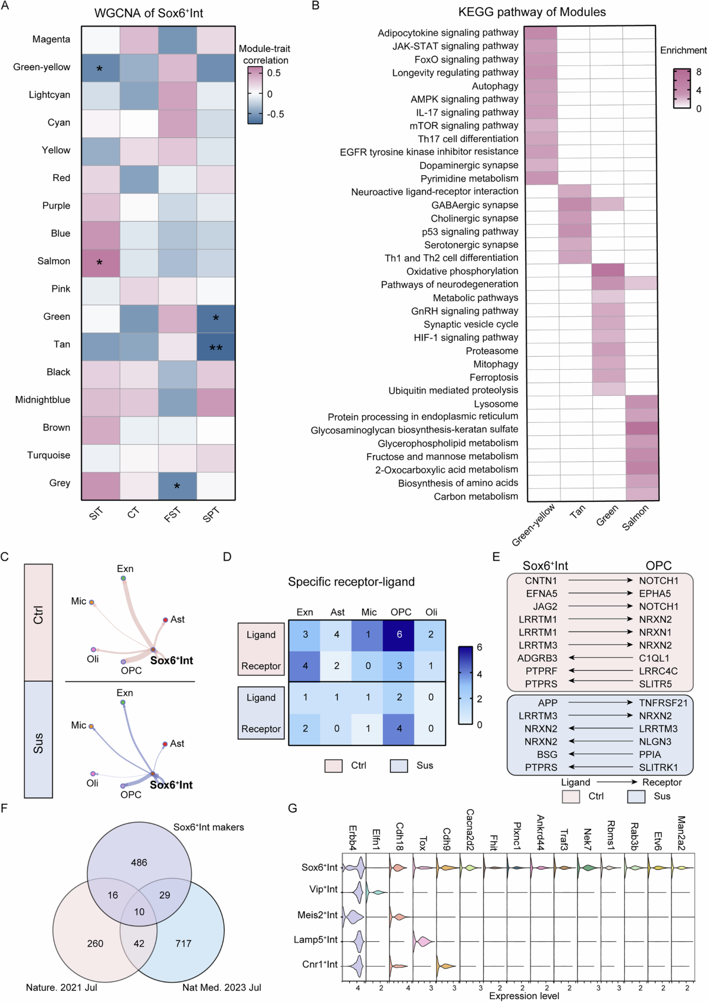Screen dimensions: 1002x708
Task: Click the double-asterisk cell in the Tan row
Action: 216,347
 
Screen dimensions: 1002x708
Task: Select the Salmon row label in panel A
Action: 54,261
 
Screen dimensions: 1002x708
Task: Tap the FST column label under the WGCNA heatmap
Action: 172,515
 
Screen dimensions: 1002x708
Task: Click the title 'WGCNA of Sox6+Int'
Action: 149,13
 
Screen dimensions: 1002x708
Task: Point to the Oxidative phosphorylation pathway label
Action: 462,271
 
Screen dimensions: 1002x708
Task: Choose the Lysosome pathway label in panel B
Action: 496,404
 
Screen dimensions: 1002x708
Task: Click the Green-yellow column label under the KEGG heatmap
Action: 534,524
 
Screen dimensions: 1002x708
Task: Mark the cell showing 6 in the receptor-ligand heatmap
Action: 399,635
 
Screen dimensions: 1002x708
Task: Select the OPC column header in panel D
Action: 401,612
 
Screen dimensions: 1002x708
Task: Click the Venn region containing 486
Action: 139,862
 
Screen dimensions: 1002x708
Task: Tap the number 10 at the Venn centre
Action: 139,912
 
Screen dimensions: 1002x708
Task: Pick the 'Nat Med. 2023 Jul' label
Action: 221,987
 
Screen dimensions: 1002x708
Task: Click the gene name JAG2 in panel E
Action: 545,606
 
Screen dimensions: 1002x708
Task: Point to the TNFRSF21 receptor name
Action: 663,703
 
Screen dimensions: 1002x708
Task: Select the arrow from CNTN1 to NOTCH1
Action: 600,581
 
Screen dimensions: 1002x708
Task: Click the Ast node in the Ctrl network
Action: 166,620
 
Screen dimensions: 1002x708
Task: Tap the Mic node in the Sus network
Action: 91,727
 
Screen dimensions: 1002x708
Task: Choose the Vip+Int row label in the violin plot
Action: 323,889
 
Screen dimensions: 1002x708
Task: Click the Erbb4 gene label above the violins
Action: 353,837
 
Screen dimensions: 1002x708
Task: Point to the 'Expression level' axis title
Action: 524,996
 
